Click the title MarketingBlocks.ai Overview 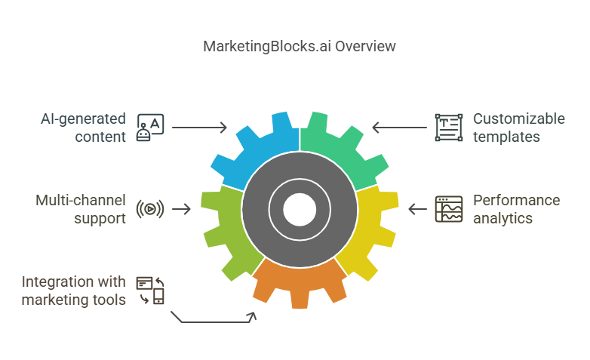(300, 46)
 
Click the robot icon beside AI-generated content (149, 128)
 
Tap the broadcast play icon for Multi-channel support (150, 209)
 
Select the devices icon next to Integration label (150, 291)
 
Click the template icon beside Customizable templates (449, 128)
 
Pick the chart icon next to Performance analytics (449, 209)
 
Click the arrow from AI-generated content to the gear (199, 128)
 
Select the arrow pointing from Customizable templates (399, 128)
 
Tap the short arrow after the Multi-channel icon (182, 209)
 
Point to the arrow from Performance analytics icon (417, 209)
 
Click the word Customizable (518, 119)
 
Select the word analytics (502, 218)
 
